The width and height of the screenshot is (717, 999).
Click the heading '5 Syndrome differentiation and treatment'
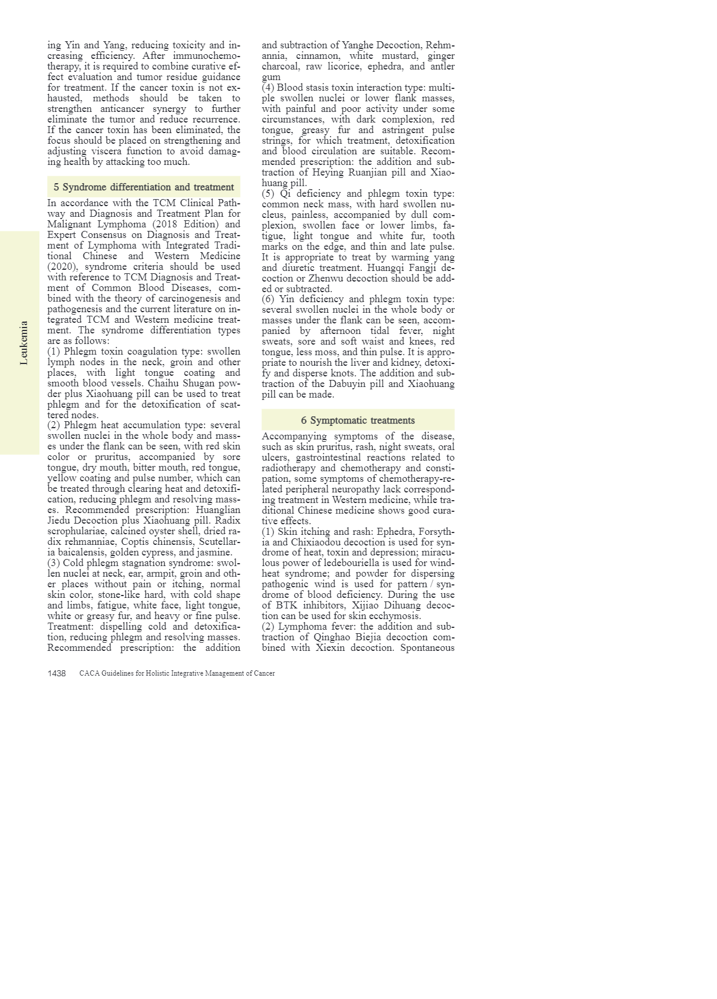[144, 187]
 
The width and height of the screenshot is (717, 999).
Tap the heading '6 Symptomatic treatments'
[358, 421]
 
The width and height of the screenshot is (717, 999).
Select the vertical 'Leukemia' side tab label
[24, 343]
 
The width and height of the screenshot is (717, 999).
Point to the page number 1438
[57, 673]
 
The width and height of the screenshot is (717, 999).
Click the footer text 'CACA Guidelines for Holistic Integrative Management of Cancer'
[177, 673]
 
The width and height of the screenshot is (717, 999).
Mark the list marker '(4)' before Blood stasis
[268, 88]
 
